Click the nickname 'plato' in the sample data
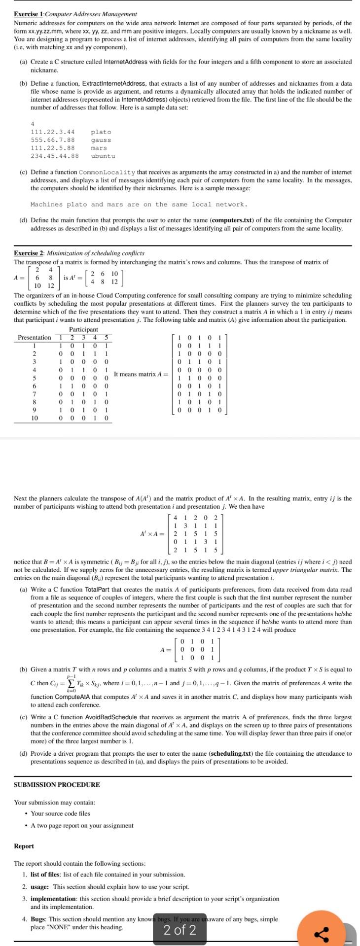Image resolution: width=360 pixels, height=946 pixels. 101,132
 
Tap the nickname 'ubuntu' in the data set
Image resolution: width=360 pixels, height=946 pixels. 103,156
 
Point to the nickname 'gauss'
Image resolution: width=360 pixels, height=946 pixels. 101,140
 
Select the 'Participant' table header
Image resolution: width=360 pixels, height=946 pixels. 83,329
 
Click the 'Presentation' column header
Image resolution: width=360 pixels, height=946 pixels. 34,337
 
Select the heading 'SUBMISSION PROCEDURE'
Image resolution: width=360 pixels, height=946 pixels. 57,785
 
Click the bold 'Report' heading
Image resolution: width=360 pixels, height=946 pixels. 24,846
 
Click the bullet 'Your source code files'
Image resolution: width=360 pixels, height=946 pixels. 60,813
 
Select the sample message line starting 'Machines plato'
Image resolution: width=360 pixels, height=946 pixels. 139,204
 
